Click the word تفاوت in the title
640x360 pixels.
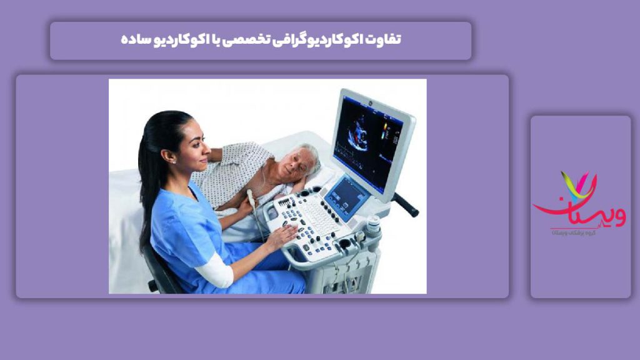coord(385,40)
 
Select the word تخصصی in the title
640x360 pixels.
coord(253,40)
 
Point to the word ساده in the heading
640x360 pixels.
coord(134,40)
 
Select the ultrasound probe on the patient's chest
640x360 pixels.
coord(252,199)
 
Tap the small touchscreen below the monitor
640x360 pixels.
coord(346,195)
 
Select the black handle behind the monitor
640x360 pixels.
coord(406,204)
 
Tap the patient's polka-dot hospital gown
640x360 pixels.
coord(234,169)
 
